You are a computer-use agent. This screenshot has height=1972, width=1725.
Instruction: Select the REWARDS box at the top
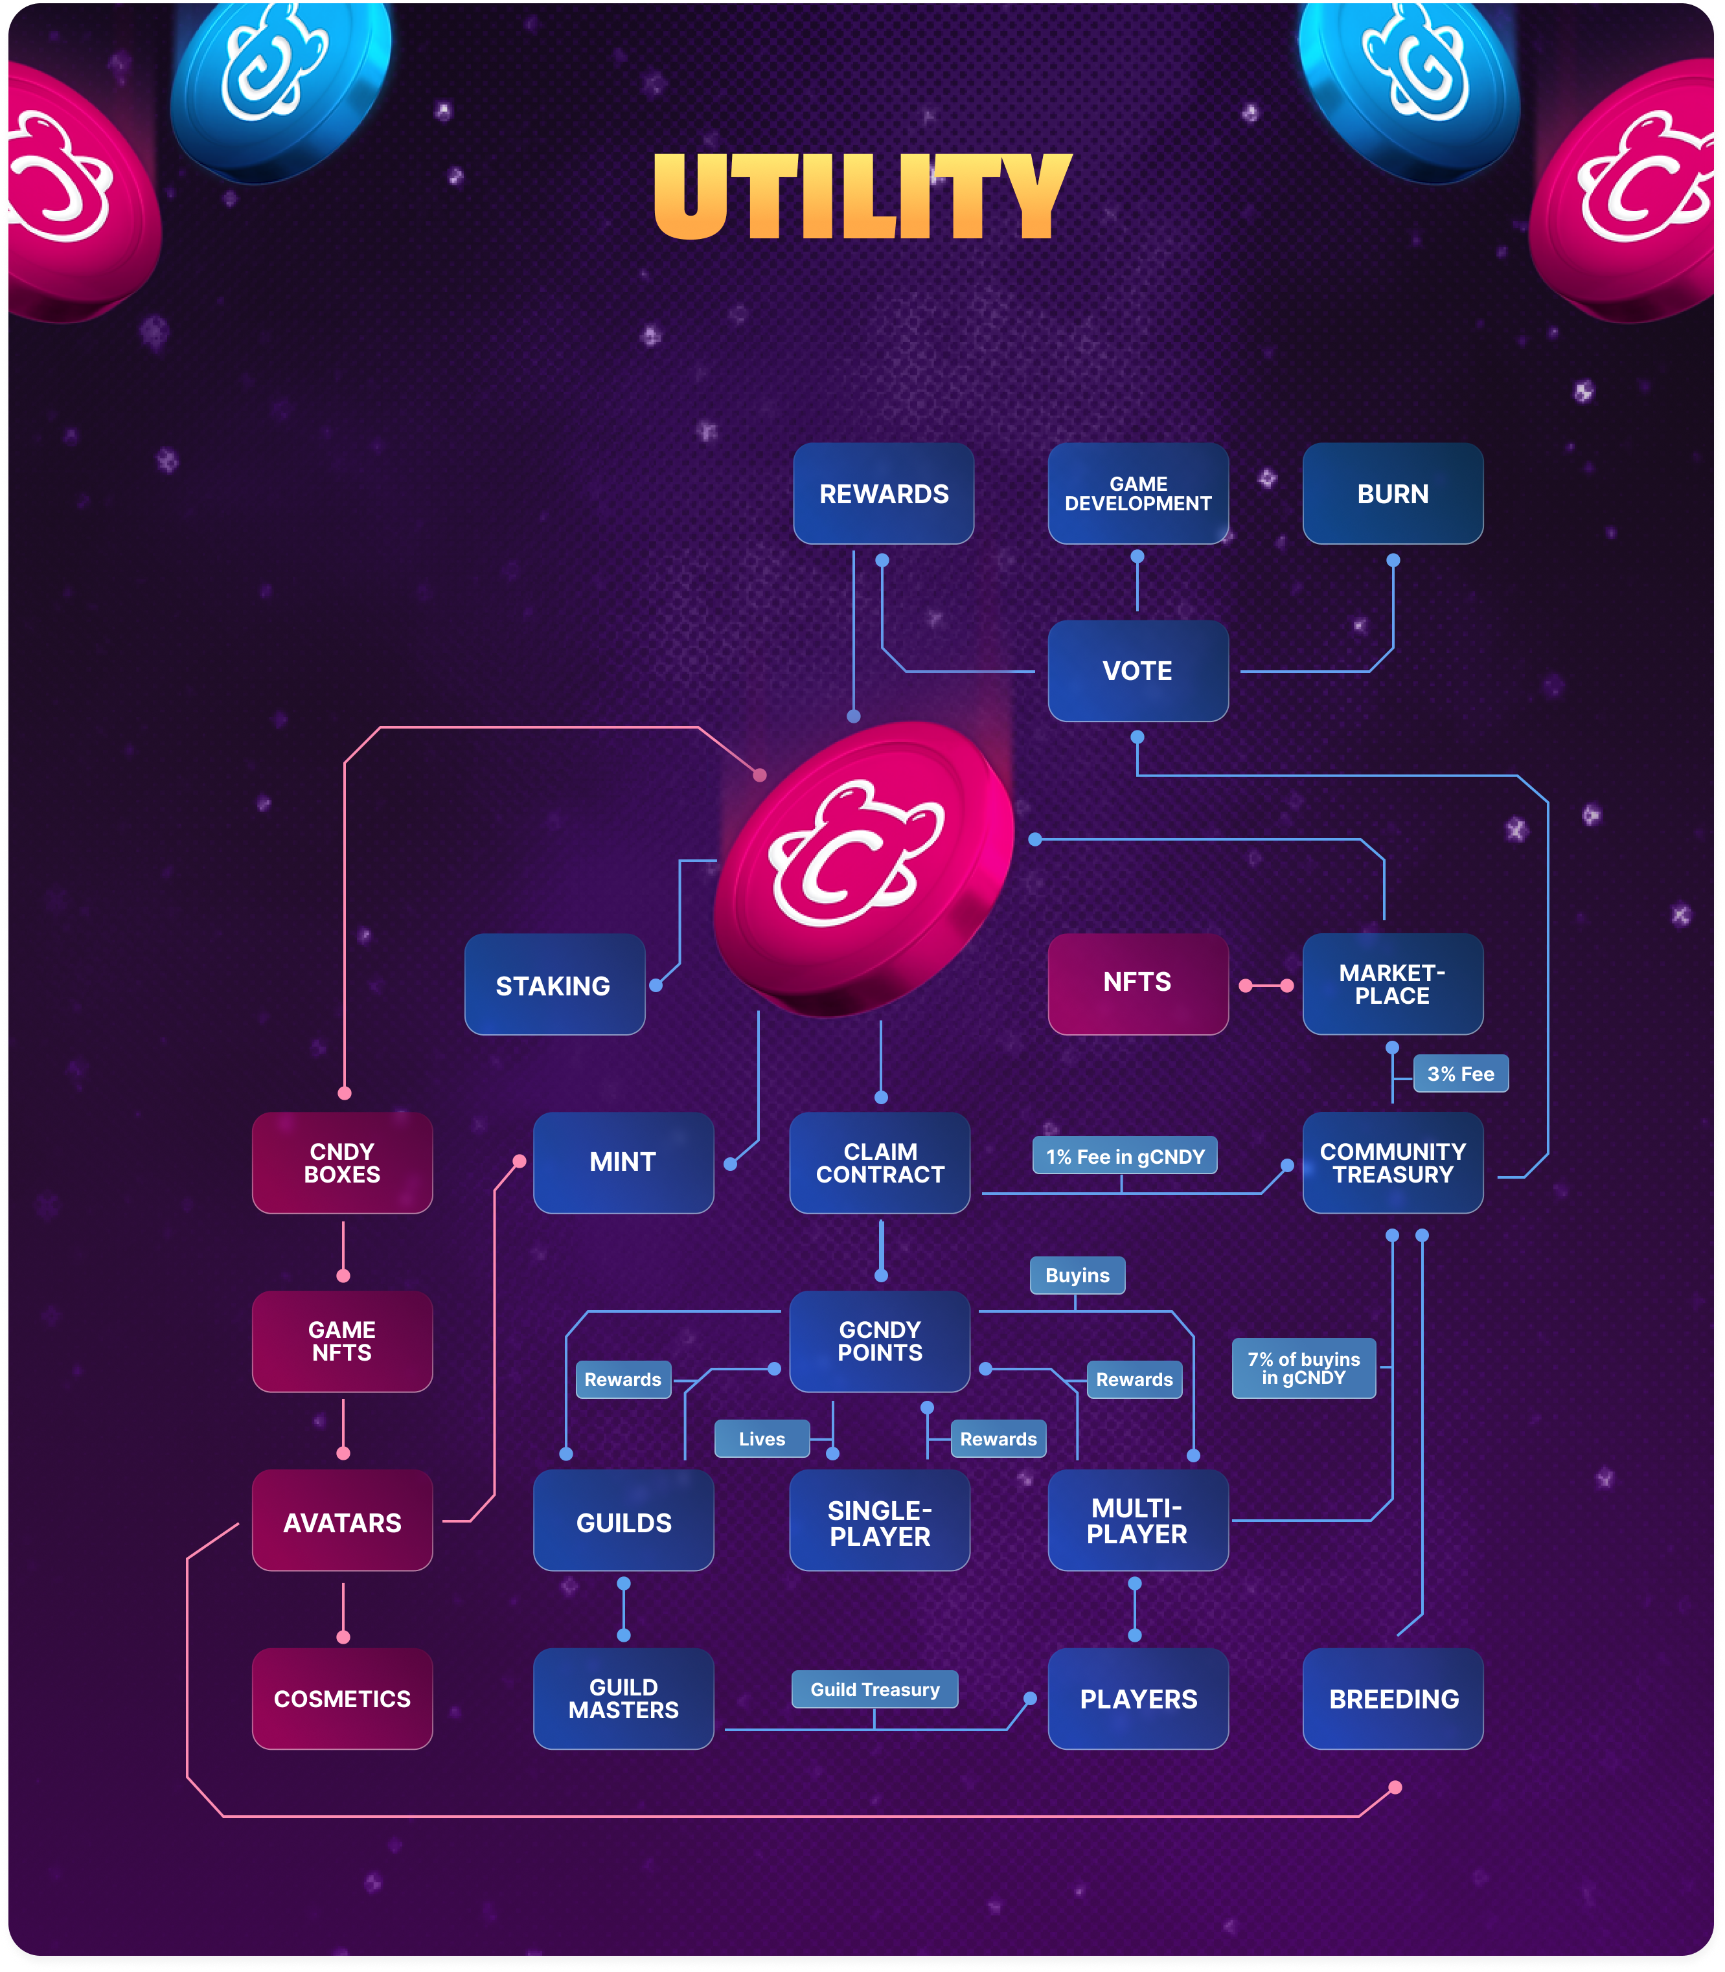pyautogui.click(x=884, y=493)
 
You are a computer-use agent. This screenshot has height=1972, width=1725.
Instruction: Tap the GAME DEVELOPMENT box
pyautogui.click(x=1138, y=493)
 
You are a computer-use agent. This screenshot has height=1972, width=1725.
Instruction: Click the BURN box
pyautogui.click(x=1393, y=493)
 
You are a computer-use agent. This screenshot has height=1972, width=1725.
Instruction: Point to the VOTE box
pyautogui.click(x=1138, y=671)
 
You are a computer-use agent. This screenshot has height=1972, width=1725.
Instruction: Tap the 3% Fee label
pyautogui.click(x=1460, y=1074)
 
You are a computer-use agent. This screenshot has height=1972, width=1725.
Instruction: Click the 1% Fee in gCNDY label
pyautogui.click(x=1125, y=1156)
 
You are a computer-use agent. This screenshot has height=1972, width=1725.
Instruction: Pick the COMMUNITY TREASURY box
pyautogui.click(x=1393, y=1162)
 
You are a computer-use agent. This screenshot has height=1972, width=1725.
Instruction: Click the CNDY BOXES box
pyautogui.click(x=342, y=1162)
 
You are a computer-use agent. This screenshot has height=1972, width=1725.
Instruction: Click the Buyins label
pyautogui.click(x=1077, y=1275)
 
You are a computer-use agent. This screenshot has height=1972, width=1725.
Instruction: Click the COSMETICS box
pyautogui.click(x=342, y=1699)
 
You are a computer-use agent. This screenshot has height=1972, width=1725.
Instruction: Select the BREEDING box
pyautogui.click(x=1393, y=1699)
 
